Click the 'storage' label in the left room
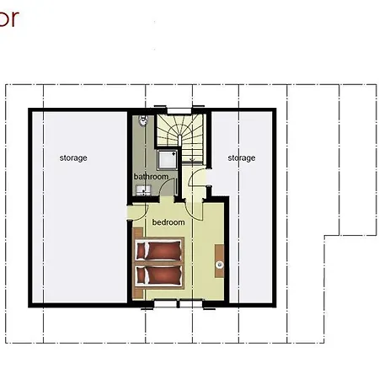pos(73,157)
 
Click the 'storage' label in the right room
pos(241,157)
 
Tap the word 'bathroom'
pos(152,176)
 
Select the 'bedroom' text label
pos(168,222)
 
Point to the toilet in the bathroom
pos(143,122)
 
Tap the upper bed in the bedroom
pos(159,251)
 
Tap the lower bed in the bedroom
pos(159,275)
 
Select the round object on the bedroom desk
pos(219,266)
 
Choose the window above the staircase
pos(178,109)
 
